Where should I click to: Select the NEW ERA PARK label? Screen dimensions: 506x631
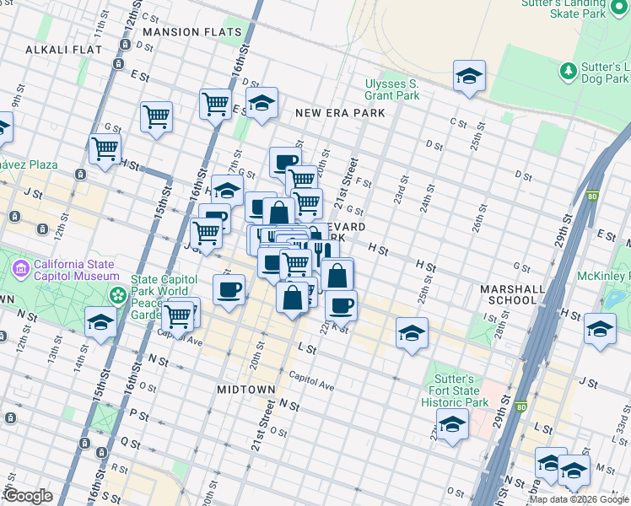[x=340, y=113]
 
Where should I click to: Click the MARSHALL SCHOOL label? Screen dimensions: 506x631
[x=512, y=294]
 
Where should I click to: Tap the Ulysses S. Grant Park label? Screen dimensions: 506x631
[x=391, y=89]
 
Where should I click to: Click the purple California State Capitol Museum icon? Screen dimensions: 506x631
[x=22, y=270]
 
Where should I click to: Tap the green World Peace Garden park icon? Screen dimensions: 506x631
[x=118, y=296]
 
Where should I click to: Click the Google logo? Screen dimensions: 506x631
[x=28, y=496]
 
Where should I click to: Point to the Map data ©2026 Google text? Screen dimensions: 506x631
[x=579, y=499]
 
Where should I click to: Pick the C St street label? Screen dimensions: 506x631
[x=458, y=123]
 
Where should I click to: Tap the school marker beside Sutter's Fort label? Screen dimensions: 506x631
[x=452, y=426]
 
